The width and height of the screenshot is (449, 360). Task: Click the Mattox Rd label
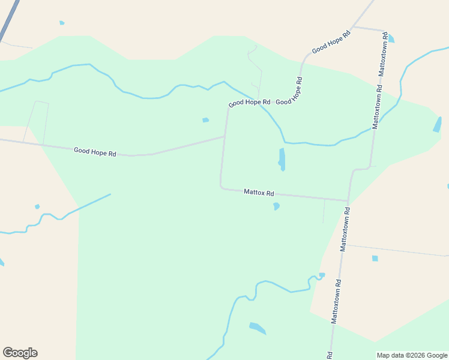(x=259, y=193)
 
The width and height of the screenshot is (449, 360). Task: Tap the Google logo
(x=20, y=353)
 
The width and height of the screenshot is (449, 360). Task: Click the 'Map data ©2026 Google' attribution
(x=412, y=355)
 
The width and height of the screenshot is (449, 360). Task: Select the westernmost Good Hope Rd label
(x=95, y=152)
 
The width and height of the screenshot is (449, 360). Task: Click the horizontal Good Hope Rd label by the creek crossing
(x=250, y=103)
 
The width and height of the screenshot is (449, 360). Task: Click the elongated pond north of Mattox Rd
(x=282, y=159)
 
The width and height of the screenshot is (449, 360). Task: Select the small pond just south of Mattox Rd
(x=276, y=206)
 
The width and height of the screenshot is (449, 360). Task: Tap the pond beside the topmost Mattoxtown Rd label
(x=391, y=39)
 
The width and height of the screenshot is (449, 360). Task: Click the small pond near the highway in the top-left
(x=62, y=23)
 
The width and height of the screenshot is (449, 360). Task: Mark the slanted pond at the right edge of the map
(x=438, y=124)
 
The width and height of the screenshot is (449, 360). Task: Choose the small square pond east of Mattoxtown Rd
(x=375, y=259)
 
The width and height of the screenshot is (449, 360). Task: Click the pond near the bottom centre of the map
(x=257, y=328)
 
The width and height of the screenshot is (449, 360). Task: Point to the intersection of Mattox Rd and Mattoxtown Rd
(x=348, y=201)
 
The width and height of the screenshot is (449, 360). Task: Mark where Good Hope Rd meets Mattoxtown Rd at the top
(x=353, y=27)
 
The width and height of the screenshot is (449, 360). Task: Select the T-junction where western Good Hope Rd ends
(x=225, y=136)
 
